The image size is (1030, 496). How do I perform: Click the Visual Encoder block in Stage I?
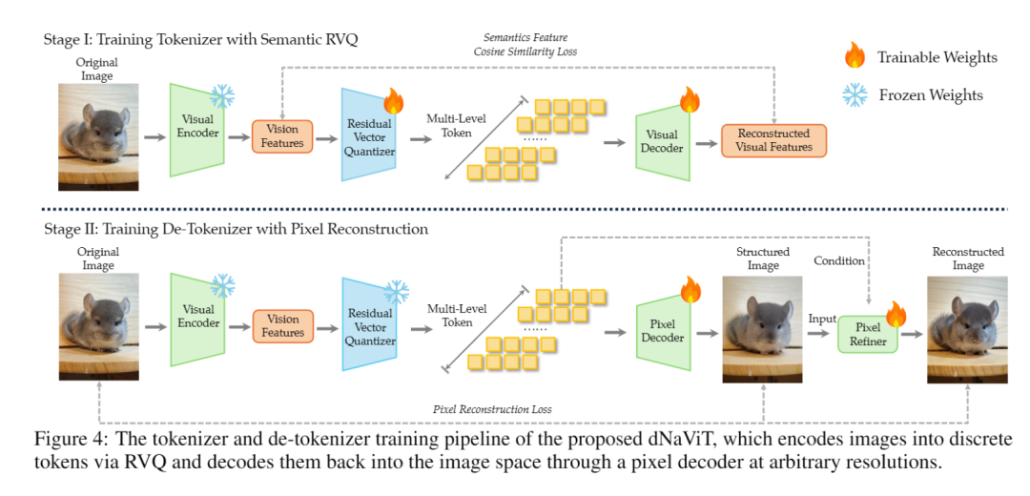[x=196, y=133]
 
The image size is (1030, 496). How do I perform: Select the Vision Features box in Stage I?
[x=282, y=135]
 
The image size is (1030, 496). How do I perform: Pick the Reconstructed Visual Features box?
[x=772, y=140]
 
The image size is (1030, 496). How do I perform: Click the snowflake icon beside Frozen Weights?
[x=855, y=94]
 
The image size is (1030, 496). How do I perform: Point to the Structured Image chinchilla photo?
[x=763, y=330]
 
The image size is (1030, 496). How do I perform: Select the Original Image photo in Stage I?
[x=98, y=136]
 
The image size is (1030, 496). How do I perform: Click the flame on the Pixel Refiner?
[x=896, y=313]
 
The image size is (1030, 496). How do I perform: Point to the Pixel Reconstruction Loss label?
[x=492, y=409]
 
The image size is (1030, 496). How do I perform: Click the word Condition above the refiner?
[x=838, y=261]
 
